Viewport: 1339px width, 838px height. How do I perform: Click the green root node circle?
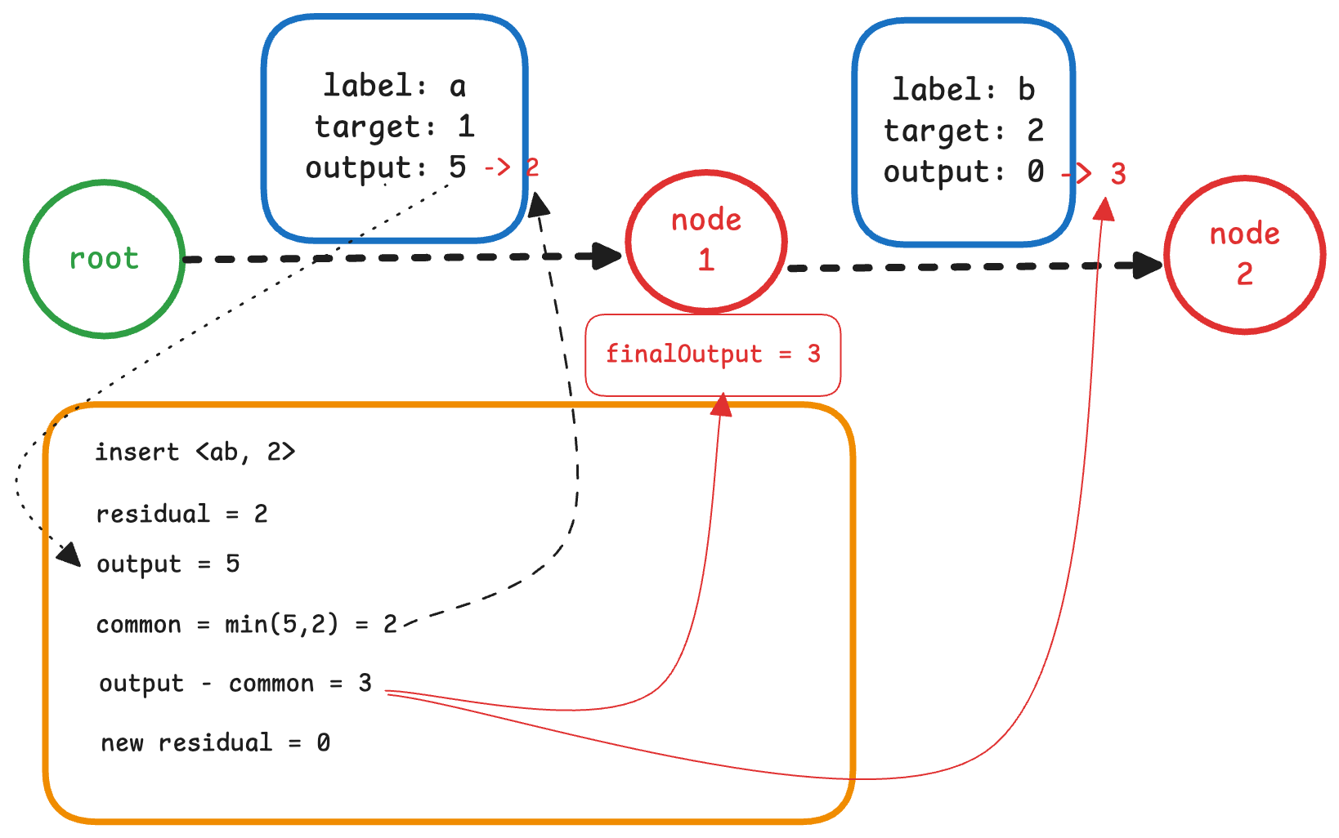(104, 258)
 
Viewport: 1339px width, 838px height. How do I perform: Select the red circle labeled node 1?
(706, 241)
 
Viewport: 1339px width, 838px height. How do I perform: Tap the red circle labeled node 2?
(1244, 254)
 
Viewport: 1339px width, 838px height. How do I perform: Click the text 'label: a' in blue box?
(394, 86)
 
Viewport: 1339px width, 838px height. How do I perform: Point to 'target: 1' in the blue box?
(394, 127)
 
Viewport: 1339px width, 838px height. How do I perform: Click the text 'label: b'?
(963, 90)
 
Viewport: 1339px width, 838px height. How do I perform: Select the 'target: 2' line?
(963, 131)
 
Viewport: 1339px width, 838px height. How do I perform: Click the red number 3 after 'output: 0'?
(1118, 174)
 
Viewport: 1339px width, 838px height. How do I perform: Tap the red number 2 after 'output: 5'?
(532, 167)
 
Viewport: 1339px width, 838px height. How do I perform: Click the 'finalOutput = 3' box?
(712, 354)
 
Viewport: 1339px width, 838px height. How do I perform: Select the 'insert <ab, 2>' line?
(195, 452)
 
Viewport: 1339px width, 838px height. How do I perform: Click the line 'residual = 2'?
(181, 514)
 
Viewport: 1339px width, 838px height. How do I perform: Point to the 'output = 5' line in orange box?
(168, 564)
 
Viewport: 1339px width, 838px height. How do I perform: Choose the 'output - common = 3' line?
(235, 684)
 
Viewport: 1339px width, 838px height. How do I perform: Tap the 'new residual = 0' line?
(215, 742)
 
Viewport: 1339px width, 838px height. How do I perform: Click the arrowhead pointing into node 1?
(608, 256)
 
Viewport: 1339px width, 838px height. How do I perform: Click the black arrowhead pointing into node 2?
(1148, 265)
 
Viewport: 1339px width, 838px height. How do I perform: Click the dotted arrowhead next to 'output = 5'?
(69, 555)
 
